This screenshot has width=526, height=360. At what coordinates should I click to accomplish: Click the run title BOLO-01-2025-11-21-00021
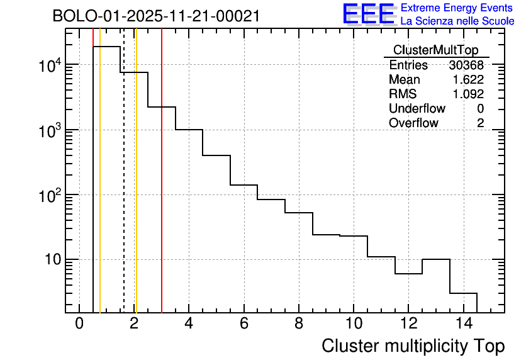point(156,16)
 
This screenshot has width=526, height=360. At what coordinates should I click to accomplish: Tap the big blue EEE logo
point(368,14)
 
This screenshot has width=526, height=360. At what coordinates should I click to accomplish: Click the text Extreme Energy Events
point(457,8)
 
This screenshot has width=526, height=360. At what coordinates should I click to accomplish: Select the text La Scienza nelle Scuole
point(457,21)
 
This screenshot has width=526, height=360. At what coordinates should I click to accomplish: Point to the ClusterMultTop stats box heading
point(435,50)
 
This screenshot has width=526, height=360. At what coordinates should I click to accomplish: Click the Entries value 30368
point(466,65)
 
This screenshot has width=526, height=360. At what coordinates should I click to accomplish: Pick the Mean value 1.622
point(468,80)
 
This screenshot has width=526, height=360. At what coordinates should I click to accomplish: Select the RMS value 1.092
point(468,94)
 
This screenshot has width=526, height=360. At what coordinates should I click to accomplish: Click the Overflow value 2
point(480,123)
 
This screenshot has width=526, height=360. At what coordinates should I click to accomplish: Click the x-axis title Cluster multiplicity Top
point(413,346)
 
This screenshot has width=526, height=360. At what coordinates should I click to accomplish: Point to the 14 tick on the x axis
point(463,323)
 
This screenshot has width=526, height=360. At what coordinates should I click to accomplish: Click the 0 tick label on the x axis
point(79,323)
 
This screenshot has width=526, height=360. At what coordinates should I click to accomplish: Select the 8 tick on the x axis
point(298,323)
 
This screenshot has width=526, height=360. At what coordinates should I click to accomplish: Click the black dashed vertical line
point(124,189)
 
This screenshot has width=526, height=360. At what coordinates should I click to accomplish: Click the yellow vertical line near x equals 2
point(136,189)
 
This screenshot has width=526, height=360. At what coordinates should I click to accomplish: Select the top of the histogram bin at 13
point(435,259)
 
